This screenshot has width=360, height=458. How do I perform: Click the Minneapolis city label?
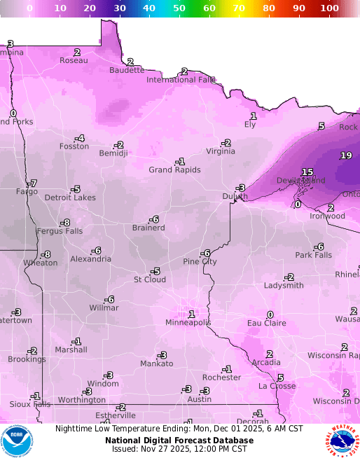(x=188, y=323)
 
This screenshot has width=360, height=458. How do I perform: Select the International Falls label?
(x=181, y=80)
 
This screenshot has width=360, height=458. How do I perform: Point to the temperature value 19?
(x=346, y=155)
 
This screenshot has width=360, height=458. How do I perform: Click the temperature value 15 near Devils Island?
(x=307, y=172)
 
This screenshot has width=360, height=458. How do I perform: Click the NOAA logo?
(x=17, y=440)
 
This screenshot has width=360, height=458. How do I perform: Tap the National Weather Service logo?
(x=342, y=440)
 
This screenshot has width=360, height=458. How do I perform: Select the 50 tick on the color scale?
(x=179, y=8)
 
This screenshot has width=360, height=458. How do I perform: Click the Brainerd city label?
(x=148, y=228)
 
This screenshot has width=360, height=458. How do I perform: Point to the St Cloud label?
(x=150, y=279)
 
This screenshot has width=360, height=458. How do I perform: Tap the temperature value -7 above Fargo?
(x=32, y=183)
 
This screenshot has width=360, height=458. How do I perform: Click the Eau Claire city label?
(x=267, y=323)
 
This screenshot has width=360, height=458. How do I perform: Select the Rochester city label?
(x=221, y=377)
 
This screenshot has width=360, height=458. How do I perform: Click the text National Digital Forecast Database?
(x=179, y=440)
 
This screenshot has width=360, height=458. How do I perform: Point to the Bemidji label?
(x=113, y=153)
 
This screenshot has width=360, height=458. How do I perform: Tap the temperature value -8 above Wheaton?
(x=46, y=254)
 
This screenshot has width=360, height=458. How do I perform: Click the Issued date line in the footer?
(x=179, y=449)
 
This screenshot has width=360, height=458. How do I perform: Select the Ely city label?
(x=250, y=124)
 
